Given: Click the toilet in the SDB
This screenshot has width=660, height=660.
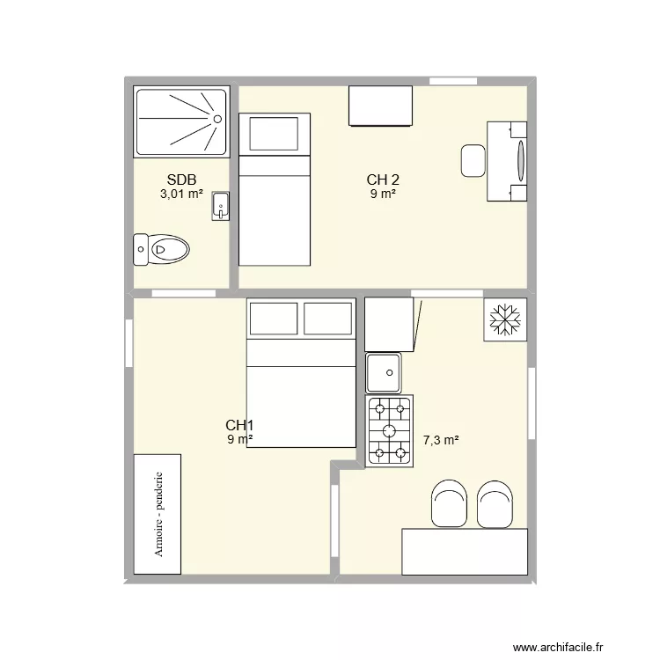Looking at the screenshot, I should click(x=161, y=249).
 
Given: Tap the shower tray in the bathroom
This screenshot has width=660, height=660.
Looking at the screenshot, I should click(x=181, y=121).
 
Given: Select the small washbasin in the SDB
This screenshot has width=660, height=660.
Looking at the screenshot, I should click(x=220, y=206).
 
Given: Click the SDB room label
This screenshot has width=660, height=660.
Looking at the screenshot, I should click(x=180, y=180).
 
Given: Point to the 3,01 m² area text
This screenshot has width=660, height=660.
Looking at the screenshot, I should click(x=181, y=194).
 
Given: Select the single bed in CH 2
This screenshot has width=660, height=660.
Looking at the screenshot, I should click(x=275, y=189).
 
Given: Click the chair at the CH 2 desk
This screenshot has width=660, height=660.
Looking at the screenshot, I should click(x=474, y=161).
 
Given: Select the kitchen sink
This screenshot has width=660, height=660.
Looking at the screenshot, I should click(x=384, y=372).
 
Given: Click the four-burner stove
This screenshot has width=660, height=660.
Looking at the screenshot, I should click(x=389, y=429).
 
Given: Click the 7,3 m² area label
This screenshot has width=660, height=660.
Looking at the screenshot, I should click(x=442, y=439).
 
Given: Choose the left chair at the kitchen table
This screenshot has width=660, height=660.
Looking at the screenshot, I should click(x=450, y=503).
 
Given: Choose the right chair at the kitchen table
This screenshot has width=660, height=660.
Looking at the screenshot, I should click(x=495, y=503).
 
